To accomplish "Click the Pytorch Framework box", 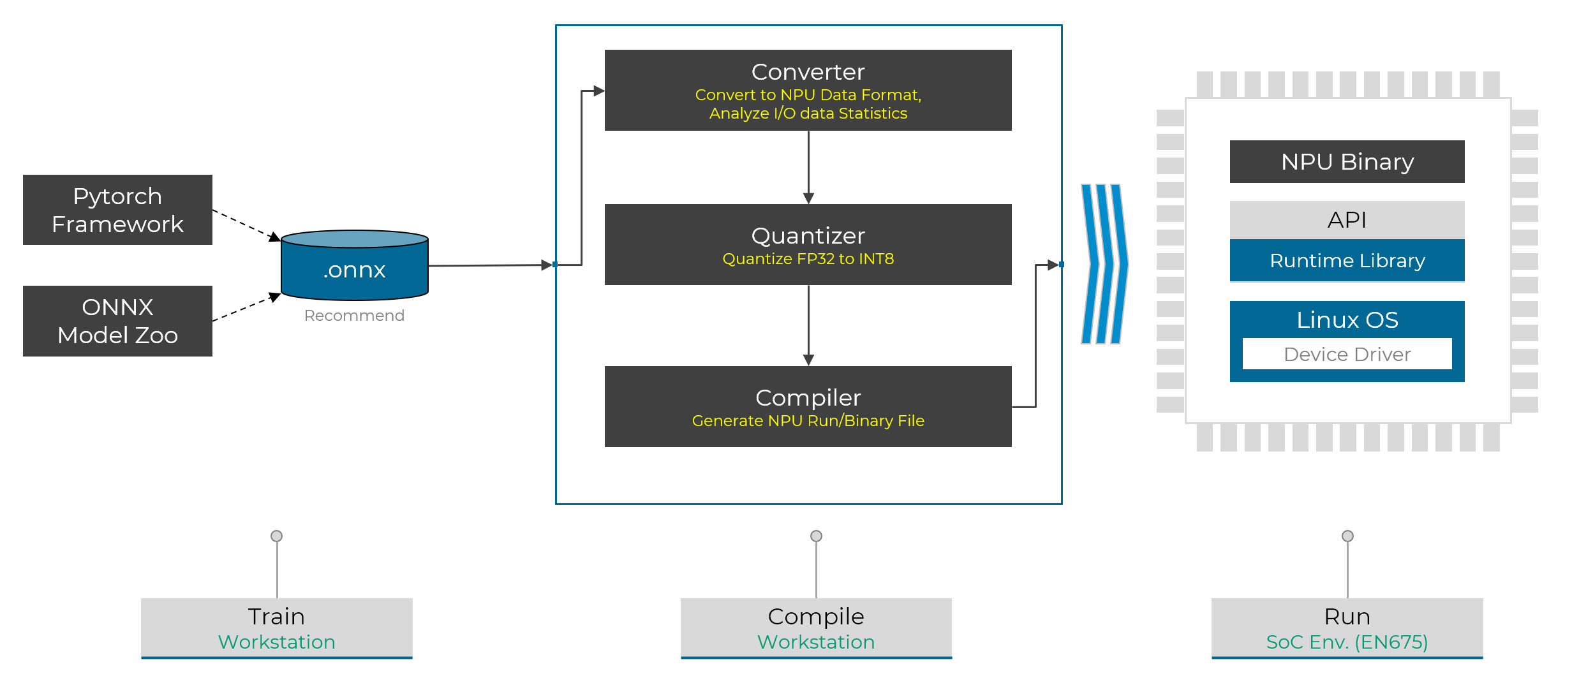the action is click(x=117, y=210).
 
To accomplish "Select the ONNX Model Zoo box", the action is click(x=117, y=321).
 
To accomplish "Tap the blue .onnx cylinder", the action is click(x=355, y=265).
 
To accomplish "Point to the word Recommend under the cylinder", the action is click(x=354, y=316).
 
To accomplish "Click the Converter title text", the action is click(x=808, y=72).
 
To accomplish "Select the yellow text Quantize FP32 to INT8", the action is click(x=808, y=259).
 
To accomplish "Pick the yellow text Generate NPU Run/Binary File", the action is click(x=808, y=421).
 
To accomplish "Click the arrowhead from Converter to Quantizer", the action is click(x=808, y=198).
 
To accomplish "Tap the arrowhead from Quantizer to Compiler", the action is click(x=808, y=360).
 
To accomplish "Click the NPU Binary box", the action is click(x=1347, y=162).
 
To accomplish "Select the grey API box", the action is click(x=1347, y=220).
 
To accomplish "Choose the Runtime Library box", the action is click(x=1347, y=260).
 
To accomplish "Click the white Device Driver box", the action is click(x=1347, y=354).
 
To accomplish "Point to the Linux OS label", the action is click(x=1347, y=320).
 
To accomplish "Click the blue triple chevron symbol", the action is click(x=1104, y=264).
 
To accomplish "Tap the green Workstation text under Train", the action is click(x=276, y=642).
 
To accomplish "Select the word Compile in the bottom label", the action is click(x=816, y=617).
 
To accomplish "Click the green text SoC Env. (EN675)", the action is click(x=1347, y=642).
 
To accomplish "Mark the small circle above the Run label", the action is click(x=1347, y=536).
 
